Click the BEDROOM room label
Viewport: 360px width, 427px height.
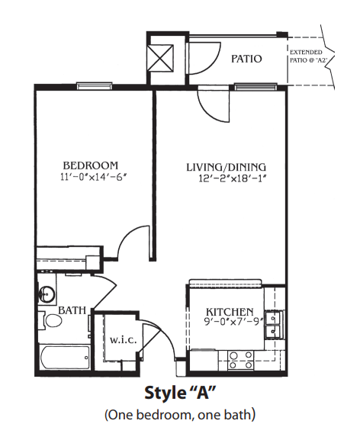[x=91, y=165]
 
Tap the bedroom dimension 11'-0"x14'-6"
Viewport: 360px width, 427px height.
[x=94, y=177]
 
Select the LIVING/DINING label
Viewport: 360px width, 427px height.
[x=226, y=167]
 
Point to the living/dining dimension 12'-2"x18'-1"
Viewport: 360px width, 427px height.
[x=232, y=178]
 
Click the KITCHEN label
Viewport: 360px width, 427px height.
[x=230, y=312]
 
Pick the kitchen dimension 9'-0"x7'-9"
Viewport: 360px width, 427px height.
[x=233, y=322]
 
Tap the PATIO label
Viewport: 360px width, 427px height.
[x=246, y=59]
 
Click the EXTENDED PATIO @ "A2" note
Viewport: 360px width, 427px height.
[x=308, y=56]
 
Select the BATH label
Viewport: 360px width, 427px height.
[x=72, y=310]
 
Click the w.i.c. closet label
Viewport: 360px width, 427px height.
[x=123, y=340]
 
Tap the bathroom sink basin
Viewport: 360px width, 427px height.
[x=47, y=294]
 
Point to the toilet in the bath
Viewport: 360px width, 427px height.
[x=50, y=320]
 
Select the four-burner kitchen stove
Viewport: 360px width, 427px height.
[x=240, y=360]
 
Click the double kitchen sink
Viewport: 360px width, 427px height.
[x=273, y=324]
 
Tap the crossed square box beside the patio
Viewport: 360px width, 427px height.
[x=160, y=59]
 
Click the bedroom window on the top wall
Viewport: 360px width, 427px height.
[x=95, y=85]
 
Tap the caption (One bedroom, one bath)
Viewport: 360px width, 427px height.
[x=180, y=415]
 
